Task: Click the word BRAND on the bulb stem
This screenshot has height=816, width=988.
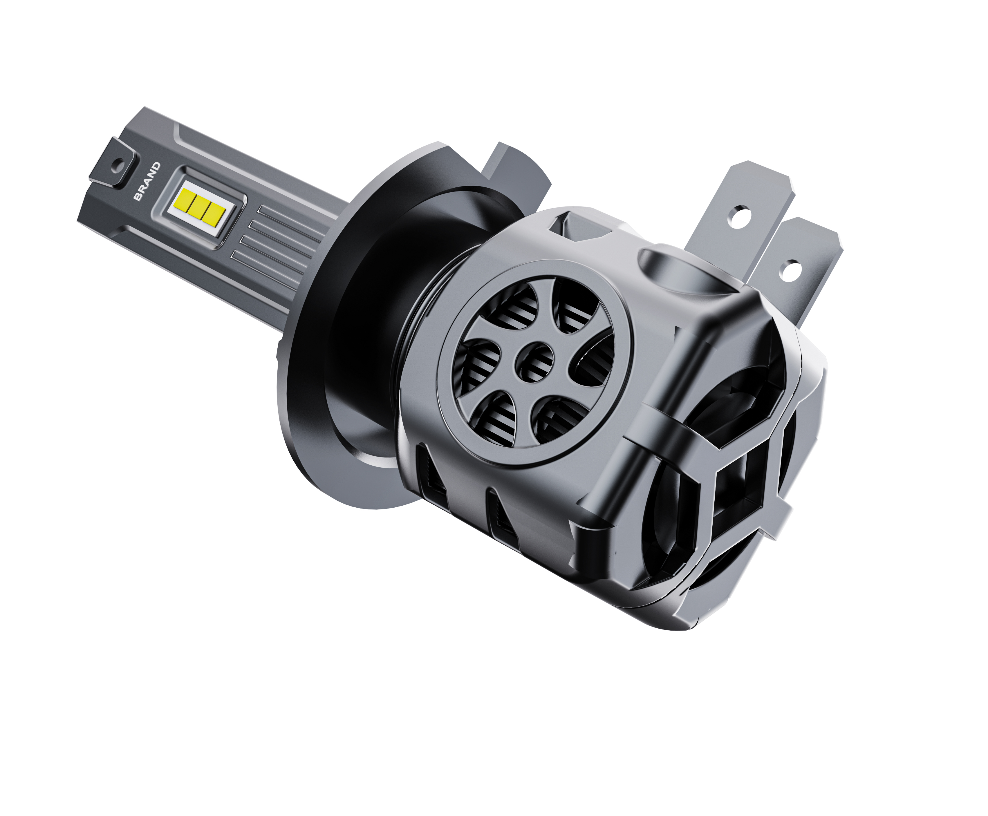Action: pos(147,181)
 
